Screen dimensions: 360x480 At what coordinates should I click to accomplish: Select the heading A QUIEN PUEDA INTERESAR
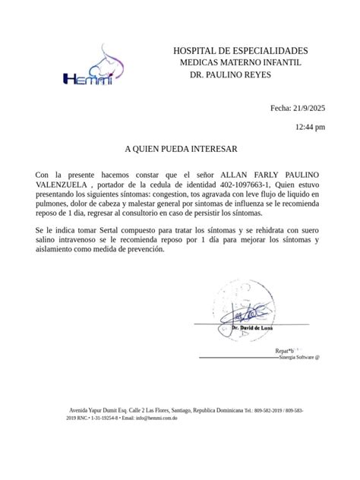(180, 150)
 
